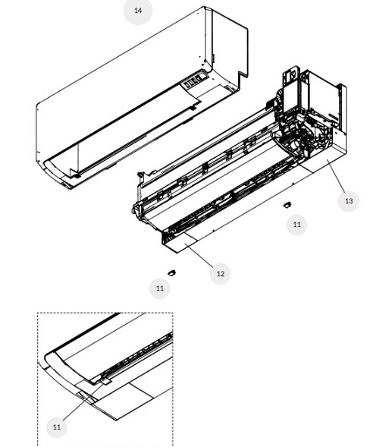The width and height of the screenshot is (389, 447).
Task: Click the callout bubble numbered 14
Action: click(138, 11)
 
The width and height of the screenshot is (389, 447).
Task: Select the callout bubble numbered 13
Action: click(349, 201)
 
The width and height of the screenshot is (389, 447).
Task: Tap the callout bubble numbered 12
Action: click(220, 274)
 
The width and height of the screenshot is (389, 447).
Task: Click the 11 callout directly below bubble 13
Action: click(296, 225)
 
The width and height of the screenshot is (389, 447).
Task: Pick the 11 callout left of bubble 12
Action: click(160, 288)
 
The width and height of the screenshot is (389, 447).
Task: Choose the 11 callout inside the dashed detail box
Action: click(57, 427)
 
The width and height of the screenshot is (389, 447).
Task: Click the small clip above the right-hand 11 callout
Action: click(287, 205)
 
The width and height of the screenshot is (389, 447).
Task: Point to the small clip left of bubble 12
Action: click(171, 272)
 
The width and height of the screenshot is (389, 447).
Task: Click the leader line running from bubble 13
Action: click(336, 176)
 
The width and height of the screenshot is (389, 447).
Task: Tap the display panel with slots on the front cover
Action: click(195, 81)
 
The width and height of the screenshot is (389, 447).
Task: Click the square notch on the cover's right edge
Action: click(243, 77)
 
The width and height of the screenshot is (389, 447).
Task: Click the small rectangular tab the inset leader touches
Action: click(105, 382)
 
